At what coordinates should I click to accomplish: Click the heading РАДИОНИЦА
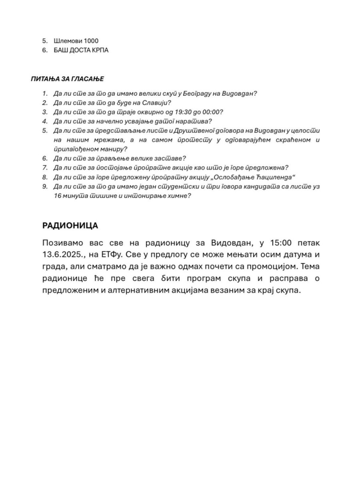click(x=70, y=226)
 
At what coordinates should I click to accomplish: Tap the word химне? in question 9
click(x=181, y=196)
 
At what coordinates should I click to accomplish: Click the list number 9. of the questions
click(x=45, y=187)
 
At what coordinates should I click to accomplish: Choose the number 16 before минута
click(x=57, y=196)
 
